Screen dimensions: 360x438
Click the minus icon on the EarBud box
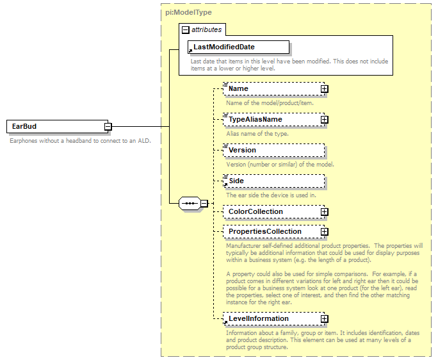click(x=108, y=127)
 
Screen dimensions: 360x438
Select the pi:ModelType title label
click(x=188, y=12)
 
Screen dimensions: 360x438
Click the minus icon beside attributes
click(x=186, y=29)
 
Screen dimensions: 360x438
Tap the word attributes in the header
click(x=206, y=29)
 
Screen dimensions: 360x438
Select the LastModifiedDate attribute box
click(x=238, y=47)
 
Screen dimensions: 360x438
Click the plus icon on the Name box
click(x=325, y=89)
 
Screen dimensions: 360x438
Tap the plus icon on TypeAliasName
click(x=325, y=120)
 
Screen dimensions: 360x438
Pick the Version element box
click(x=273, y=150)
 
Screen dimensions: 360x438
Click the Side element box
click(x=273, y=181)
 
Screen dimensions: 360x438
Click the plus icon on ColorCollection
click(x=325, y=212)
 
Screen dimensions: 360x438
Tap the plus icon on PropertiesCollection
click(x=325, y=232)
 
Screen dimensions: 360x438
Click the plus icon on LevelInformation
click(x=325, y=319)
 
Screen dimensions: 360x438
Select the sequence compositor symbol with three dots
click(x=190, y=204)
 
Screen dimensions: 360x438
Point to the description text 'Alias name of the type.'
click(x=257, y=134)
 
